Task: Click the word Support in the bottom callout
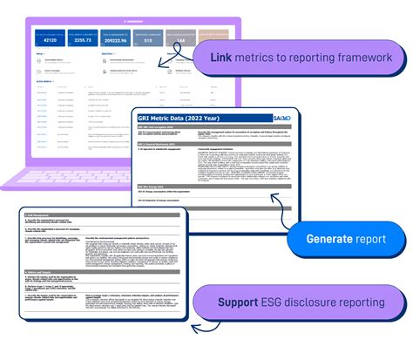point(239,302)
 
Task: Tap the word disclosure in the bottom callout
point(322,302)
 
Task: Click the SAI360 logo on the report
point(276,119)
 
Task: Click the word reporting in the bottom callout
point(373,302)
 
